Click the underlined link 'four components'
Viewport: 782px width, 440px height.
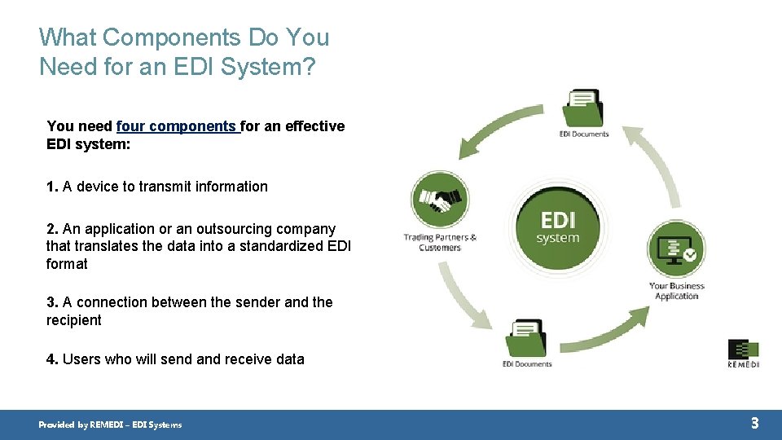click(177, 126)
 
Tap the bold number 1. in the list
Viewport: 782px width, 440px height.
click(52, 187)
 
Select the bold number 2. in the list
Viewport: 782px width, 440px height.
click(52, 229)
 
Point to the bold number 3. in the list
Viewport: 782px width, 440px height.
click(52, 302)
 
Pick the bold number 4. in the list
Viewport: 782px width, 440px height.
click(52, 359)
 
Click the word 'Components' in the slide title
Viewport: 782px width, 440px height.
click(171, 37)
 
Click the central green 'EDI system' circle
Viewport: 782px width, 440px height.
click(558, 227)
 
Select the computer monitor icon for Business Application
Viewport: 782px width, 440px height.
click(676, 249)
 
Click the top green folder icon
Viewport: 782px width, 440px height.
click(583, 108)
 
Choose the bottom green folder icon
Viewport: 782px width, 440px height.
click(526, 338)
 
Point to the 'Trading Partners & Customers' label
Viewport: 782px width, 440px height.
click(440, 242)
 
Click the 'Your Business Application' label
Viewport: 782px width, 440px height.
click(677, 291)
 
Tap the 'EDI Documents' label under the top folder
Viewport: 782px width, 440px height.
click(584, 134)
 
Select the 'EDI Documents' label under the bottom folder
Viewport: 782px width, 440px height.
click(527, 364)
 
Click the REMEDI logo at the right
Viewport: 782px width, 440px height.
click(743, 353)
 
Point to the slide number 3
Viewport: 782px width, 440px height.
click(754, 423)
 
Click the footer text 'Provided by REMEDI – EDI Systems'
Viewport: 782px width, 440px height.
click(111, 425)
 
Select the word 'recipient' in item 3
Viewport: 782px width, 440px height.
click(74, 320)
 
